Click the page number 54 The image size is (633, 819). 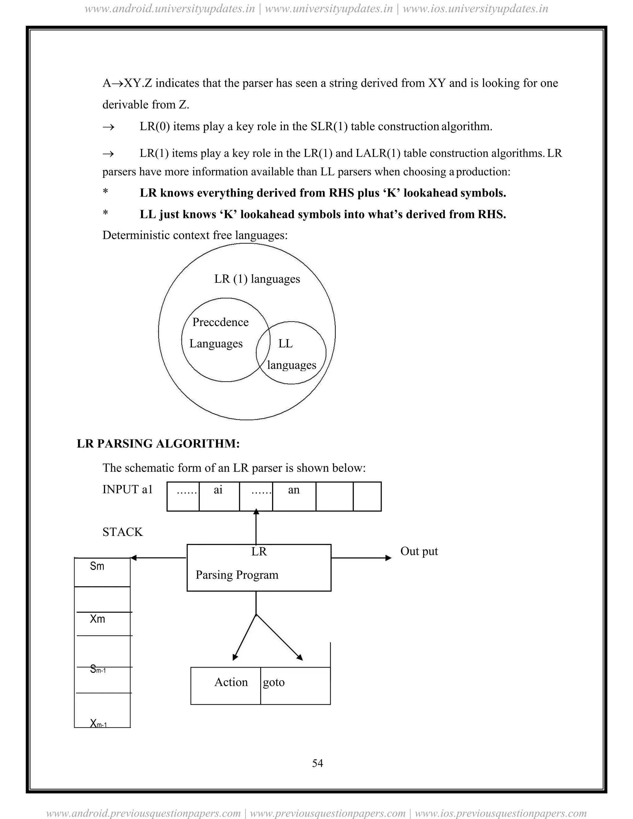pyautogui.click(x=317, y=763)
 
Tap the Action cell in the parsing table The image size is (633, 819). pyautogui.click(x=231, y=682)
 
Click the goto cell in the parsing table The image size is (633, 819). pyautogui.click(x=274, y=682)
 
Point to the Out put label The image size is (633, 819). pyautogui.click(x=419, y=551)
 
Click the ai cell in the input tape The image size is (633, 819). pyautogui.click(x=218, y=490)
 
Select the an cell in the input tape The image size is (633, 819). pyautogui.click(x=294, y=490)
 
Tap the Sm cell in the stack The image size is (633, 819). pyautogui.click(x=97, y=566)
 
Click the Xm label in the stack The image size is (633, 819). pyautogui.click(x=97, y=619)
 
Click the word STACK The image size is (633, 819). pyautogui.click(x=123, y=532)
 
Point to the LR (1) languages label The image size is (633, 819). pyautogui.click(x=257, y=279)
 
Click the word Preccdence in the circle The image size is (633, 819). pyautogui.click(x=220, y=322)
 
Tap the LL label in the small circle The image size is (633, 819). pyautogui.click(x=285, y=343)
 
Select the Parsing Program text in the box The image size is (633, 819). pyautogui.click(x=237, y=575)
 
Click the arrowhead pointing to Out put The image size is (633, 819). pyautogui.click(x=389, y=558)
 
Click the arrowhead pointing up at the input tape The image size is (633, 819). pyautogui.click(x=256, y=512)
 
